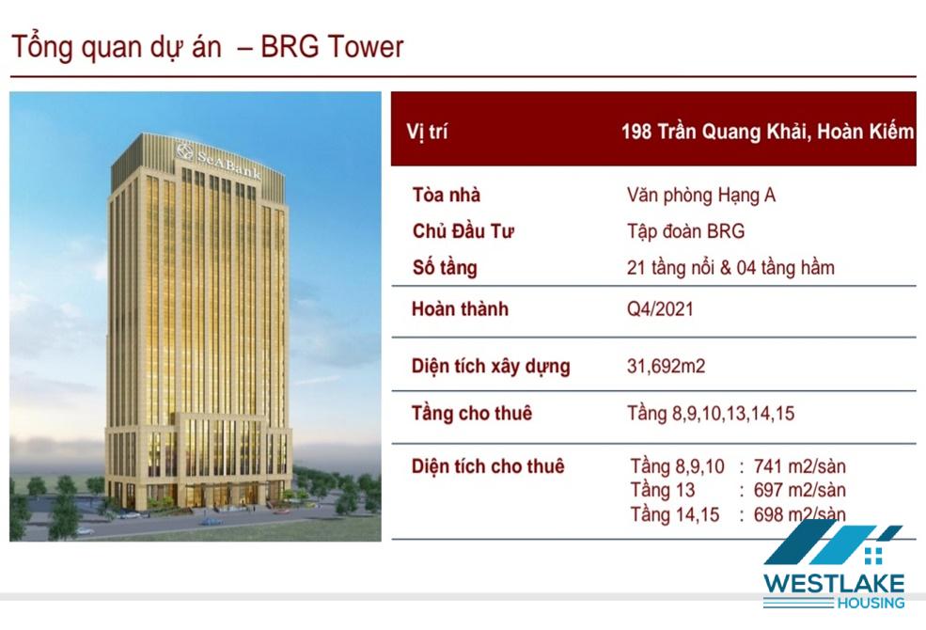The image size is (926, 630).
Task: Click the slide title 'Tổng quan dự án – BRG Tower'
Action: coord(207,48)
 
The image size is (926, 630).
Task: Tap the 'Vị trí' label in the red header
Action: coord(427,131)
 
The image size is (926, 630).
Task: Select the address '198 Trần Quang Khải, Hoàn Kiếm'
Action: coord(767,131)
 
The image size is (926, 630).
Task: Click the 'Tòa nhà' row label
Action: coord(447,195)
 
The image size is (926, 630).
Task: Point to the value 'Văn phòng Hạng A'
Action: coord(701,195)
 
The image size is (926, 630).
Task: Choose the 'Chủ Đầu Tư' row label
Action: coord(463,231)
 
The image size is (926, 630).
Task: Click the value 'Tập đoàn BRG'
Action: coord(685,231)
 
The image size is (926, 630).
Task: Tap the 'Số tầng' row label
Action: coord(445,267)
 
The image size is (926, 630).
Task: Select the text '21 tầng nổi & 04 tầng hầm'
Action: coord(730,267)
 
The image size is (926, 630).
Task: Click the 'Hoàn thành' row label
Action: coord(460,308)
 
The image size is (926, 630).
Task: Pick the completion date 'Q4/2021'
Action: coord(660,308)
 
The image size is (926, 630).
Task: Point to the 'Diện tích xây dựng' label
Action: coord(491,366)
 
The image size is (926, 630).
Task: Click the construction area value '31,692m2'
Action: coord(667,366)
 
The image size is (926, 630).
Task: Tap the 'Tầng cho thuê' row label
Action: coord(472,414)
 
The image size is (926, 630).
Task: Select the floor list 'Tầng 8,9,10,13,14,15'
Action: coord(711,414)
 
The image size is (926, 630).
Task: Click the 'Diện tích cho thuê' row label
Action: coord(488,466)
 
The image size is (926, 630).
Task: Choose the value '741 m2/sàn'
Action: coord(800,466)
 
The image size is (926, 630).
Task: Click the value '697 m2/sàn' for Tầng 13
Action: coord(800,490)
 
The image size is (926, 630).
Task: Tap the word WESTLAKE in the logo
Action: coord(834,584)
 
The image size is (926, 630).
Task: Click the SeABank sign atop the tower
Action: coord(219,159)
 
